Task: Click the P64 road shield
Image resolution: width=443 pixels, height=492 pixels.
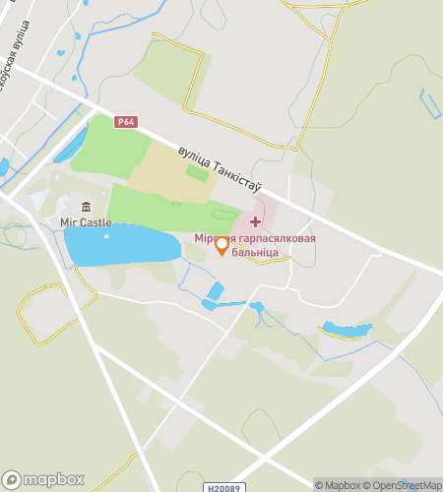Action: pyautogui.click(x=125, y=122)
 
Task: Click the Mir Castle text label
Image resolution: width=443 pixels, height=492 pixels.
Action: pyautogui.click(x=86, y=222)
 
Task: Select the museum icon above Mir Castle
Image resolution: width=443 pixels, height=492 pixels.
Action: pyautogui.click(x=86, y=207)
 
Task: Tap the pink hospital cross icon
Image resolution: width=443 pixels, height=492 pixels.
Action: pyautogui.click(x=256, y=221)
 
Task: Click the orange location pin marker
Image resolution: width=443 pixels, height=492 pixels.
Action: pyautogui.click(x=222, y=246)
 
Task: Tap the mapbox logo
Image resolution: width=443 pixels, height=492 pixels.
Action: pyautogui.click(x=43, y=479)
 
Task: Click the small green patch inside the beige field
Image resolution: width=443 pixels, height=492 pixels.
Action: pyautogui.click(x=197, y=173)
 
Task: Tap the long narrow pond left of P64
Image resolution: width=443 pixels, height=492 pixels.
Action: pyautogui.click(x=71, y=144)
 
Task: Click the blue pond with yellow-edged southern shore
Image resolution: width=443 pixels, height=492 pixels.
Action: pyautogui.click(x=347, y=330)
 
